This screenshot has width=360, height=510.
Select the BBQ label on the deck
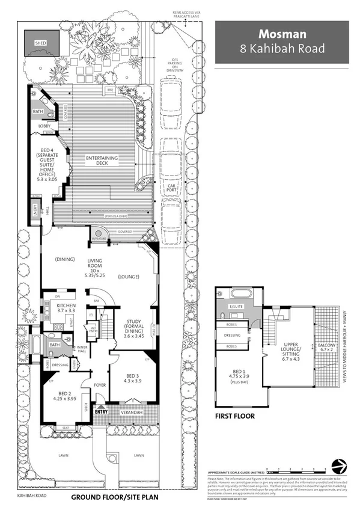[x=110, y=90]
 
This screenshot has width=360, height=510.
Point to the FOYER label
[x=100, y=385]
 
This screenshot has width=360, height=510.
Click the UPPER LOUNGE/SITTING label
[x=288, y=348]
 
